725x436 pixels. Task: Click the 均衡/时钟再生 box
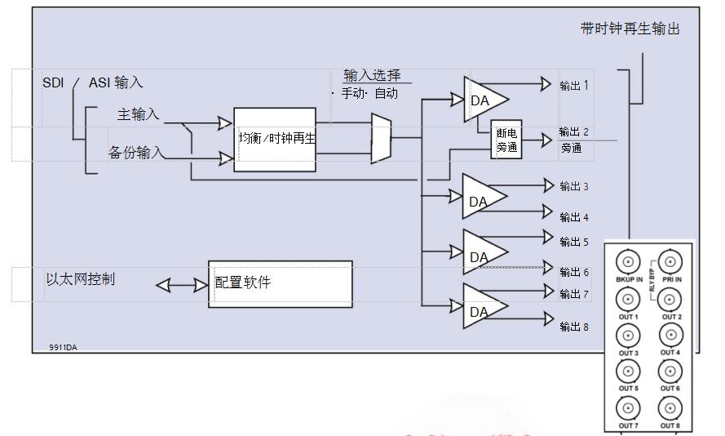[x=275, y=139]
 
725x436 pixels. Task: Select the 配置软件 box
[x=281, y=283]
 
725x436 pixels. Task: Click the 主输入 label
[x=138, y=114]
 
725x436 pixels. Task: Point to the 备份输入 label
[x=136, y=153]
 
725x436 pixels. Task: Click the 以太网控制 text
[x=81, y=279]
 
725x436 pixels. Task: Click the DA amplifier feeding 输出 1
[x=483, y=99]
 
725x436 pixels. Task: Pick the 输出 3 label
[x=573, y=187]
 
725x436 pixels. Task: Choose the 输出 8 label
[x=573, y=327]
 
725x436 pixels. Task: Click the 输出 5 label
[x=573, y=242]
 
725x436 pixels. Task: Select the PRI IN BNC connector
[x=670, y=262]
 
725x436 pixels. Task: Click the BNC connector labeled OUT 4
[x=670, y=335]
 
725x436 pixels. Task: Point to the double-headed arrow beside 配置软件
[x=181, y=285]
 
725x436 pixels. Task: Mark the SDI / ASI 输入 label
[x=93, y=82]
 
